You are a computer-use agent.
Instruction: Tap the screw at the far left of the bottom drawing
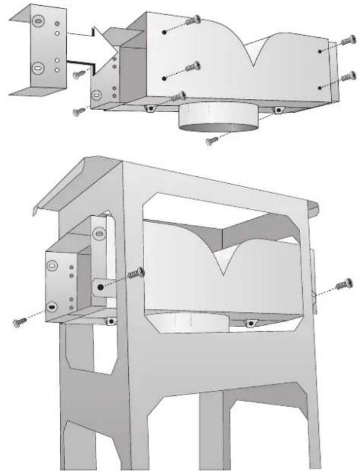[x=18, y=323]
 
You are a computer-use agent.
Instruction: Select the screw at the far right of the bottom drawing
[x=346, y=283]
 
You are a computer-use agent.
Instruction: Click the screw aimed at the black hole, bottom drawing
[x=137, y=273]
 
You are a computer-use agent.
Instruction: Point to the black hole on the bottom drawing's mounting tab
[x=100, y=287]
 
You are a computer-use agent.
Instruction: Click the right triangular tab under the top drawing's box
[x=278, y=109]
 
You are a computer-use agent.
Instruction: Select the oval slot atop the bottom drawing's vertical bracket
[x=98, y=233]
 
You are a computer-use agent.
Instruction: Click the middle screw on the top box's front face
[x=194, y=66]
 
